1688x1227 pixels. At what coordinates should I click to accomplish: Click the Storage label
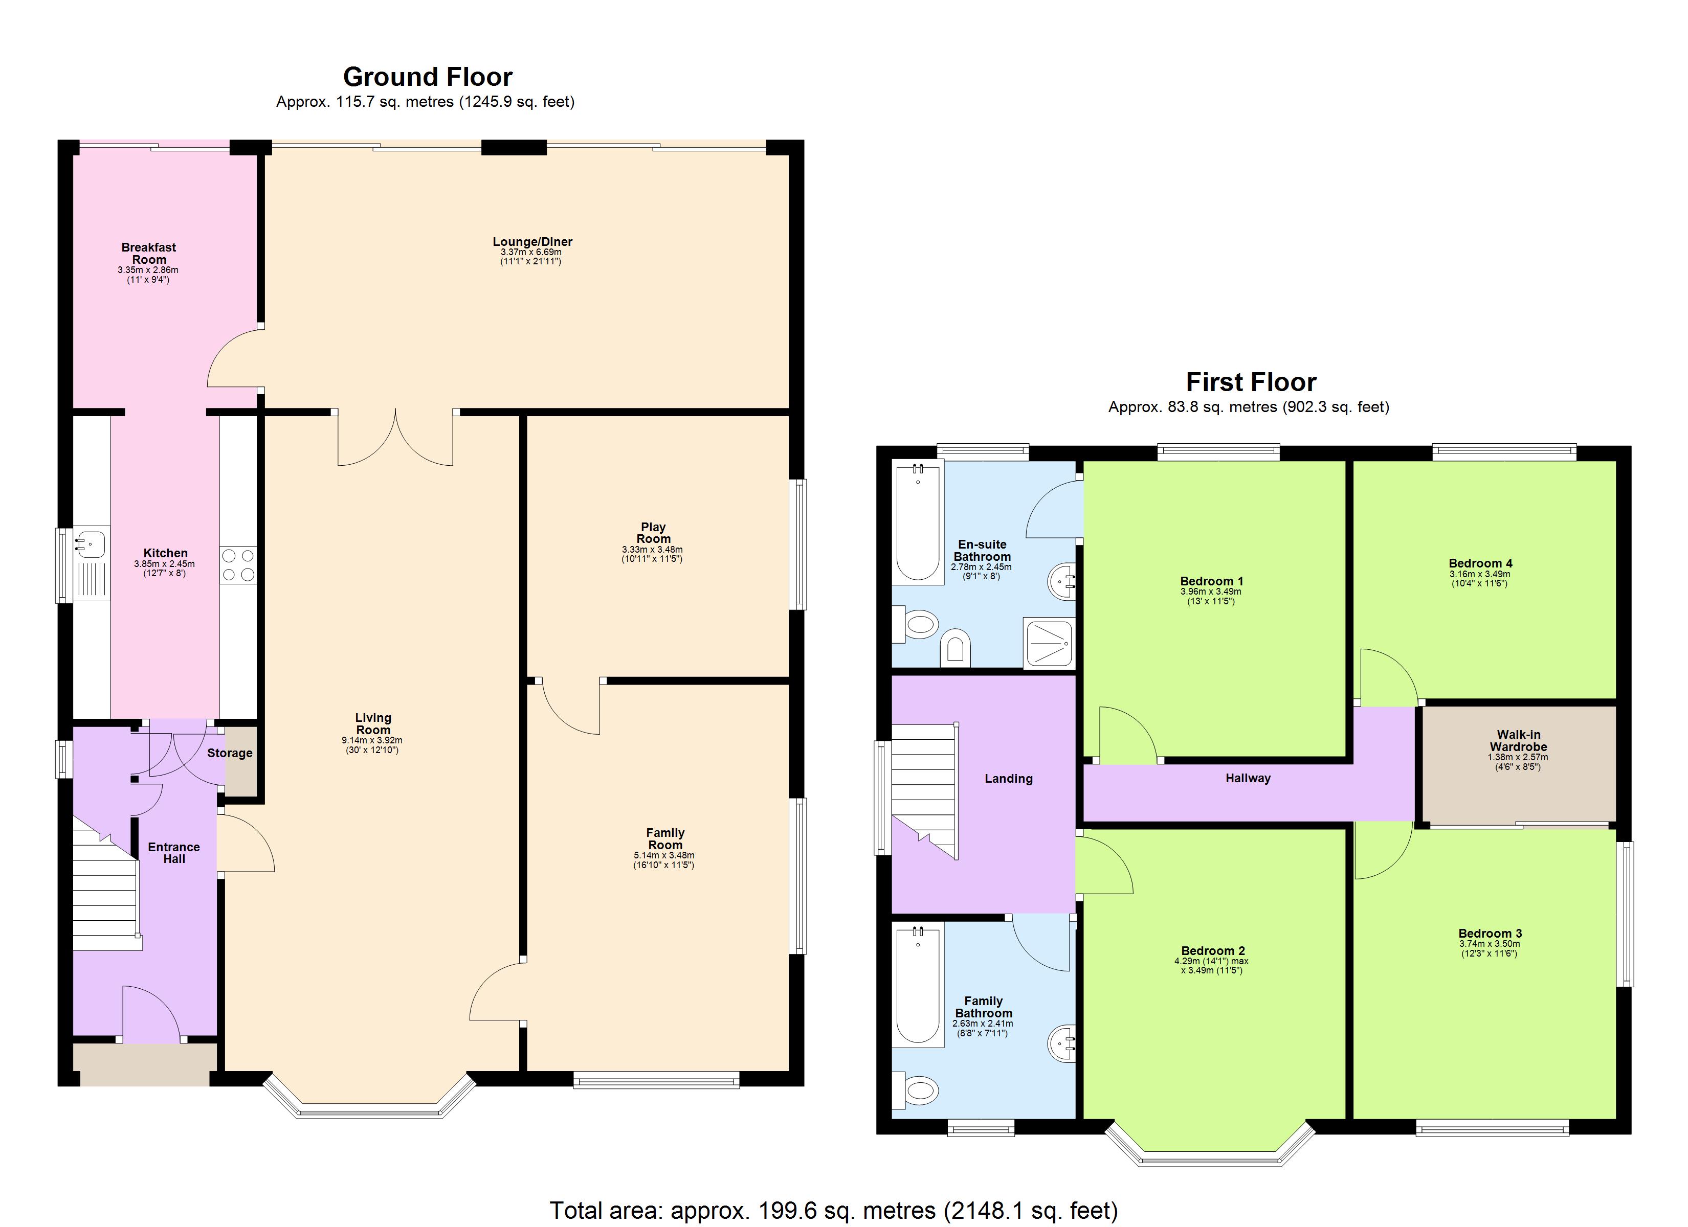tap(229, 753)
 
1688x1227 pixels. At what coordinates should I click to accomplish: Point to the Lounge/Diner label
tap(532, 242)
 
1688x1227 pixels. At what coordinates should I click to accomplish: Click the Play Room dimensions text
tap(652, 554)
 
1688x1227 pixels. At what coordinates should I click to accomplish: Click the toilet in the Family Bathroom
tap(917, 1092)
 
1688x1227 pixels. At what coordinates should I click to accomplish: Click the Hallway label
tap(1248, 778)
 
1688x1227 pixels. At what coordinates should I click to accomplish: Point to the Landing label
tap(1009, 778)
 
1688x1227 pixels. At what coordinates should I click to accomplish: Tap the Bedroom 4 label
tap(1480, 563)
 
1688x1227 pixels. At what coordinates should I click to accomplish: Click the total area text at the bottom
tap(834, 1211)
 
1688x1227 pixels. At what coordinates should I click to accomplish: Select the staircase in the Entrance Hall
tap(106, 893)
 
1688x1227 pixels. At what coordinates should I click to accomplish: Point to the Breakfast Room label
tap(149, 253)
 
